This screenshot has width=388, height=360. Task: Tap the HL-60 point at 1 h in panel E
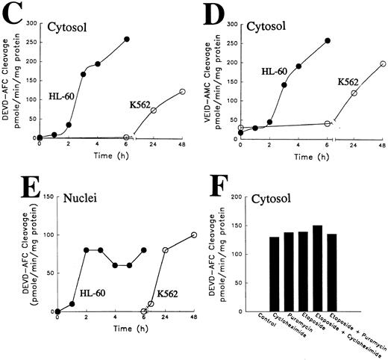click(x=72, y=303)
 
